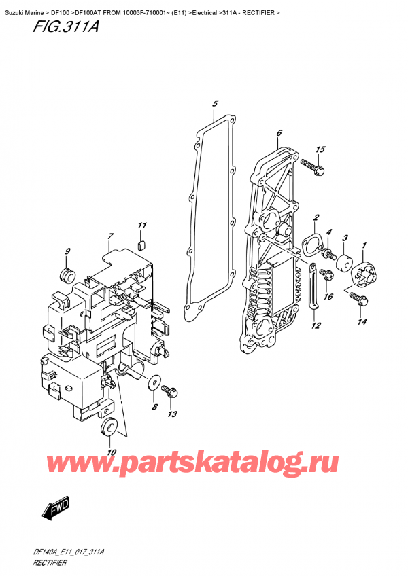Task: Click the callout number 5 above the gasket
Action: coord(214,104)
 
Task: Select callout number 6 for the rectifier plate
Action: coord(279,133)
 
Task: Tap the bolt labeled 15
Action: coord(311,164)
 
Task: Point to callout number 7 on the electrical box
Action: coord(109,237)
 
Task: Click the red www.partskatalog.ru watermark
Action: coord(203,464)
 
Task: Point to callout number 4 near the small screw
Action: coord(328,233)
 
